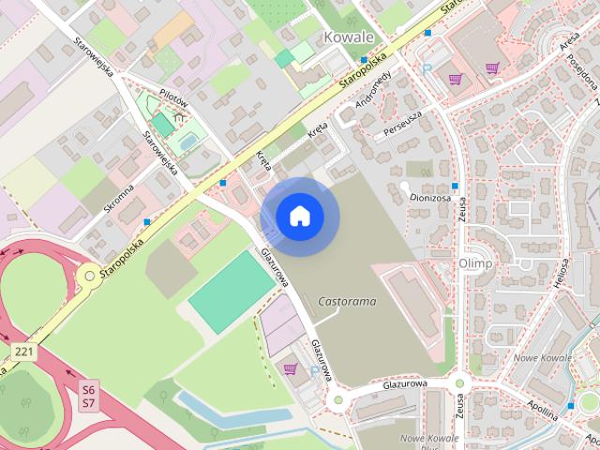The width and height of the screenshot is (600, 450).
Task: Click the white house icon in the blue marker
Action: (299, 217)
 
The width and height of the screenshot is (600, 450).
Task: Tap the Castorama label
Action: (347, 302)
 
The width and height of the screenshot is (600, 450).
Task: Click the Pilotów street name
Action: (174, 99)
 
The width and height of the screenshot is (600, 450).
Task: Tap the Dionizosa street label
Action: (428, 198)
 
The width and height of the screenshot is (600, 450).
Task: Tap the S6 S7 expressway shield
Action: (89, 395)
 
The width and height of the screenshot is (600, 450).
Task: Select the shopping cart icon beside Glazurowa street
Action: (290, 368)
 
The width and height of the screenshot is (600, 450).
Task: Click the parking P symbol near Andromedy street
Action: (427, 68)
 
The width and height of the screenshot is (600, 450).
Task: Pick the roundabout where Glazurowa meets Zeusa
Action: (459, 382)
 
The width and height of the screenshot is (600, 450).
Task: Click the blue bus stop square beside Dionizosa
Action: (455, 186)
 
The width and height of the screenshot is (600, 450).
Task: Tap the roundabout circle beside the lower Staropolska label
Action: (88, 274)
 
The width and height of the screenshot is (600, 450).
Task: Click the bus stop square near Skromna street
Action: (147, 222)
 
